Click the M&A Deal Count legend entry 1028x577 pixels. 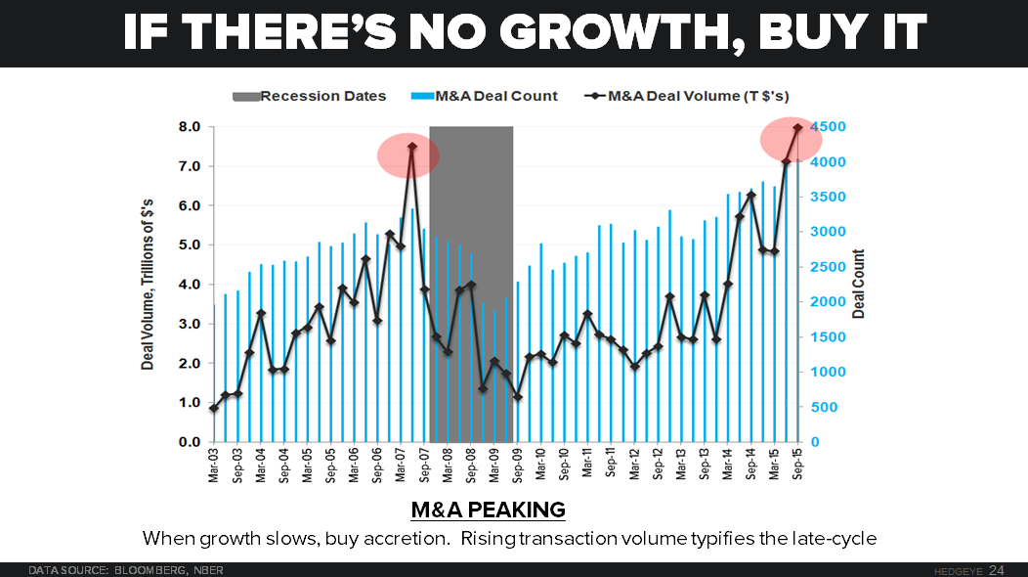pyautogui.click(x=498, y=96)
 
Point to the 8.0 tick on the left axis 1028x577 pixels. pyautogui.click(x=189, y=127)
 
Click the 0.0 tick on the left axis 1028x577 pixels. pyautogui.click(x=189, y=442)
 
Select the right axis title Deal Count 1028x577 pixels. pyautogui.click(x=859, y=284)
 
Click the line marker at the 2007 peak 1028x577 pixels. pyautogui.click(x=412, y=147)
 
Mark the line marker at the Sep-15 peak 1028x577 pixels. pyautogui.click(x=797, y=127)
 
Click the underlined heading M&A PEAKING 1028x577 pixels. pyautogui.click(x=488, y=510)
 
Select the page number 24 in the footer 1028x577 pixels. pyautogui.click(x=997, y=569)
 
